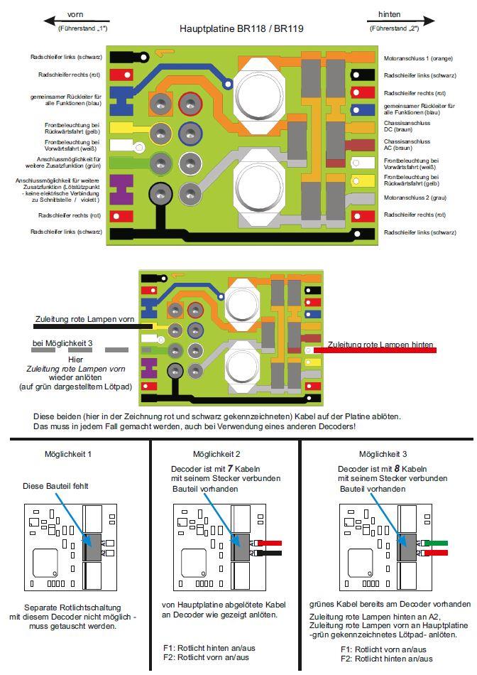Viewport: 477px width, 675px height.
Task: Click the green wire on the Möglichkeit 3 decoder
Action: click(x=437, y=544)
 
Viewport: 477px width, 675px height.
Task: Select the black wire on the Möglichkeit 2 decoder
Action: click(x=274, y=552)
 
